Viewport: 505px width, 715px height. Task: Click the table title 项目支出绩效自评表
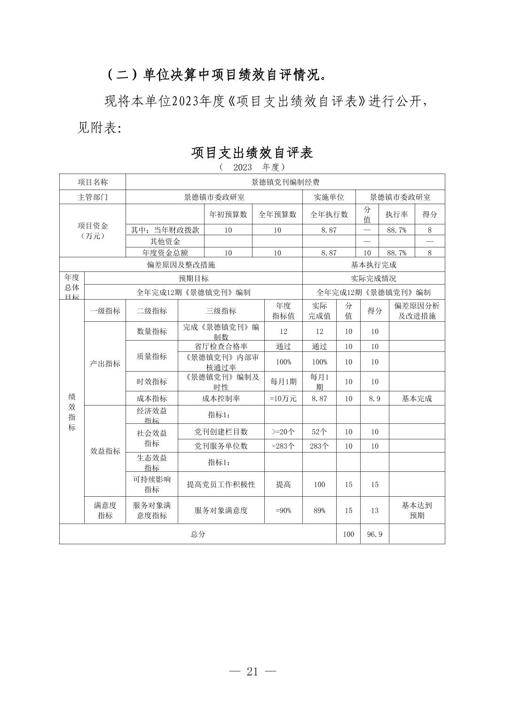252,152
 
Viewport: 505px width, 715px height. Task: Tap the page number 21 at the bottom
252,671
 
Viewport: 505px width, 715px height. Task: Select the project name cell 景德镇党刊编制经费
285,182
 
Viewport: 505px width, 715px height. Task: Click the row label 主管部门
93,197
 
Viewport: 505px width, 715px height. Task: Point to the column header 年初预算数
228,214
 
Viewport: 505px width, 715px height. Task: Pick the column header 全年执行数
329,214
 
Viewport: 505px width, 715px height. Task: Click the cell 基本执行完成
373,265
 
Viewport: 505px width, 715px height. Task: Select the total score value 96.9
374,534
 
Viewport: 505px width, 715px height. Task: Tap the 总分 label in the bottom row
198,534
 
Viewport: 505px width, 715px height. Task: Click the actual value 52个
319,432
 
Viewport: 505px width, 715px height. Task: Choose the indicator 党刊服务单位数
221,446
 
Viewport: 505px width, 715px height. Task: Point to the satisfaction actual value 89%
319,510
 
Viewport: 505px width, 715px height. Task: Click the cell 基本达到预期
417,510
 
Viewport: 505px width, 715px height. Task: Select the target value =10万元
283,398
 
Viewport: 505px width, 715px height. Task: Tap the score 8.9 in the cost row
374,398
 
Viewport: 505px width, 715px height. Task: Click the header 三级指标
221,311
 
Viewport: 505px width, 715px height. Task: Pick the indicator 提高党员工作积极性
221,485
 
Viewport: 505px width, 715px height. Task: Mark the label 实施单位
329,197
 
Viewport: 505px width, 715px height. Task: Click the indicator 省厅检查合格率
221,346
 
